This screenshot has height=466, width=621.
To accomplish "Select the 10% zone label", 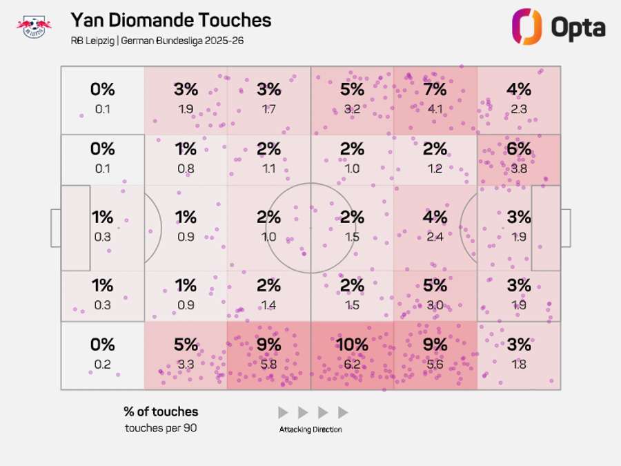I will (x=352, y=344).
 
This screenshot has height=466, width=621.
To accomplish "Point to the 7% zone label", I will (x=435, y=89).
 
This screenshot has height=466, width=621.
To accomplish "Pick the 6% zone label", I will (x=518, y=148).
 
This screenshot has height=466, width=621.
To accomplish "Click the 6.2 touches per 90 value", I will (x=352, y=365).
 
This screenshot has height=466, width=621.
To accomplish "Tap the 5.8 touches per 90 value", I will (x=269, y=365).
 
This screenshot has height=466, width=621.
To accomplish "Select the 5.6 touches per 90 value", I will (x=435, y=365).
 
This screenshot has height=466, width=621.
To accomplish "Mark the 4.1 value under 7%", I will (x=435, y=108).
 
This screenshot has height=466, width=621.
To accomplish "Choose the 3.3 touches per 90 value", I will (x=186, y=365).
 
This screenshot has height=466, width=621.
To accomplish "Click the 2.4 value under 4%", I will (x=435, y=237).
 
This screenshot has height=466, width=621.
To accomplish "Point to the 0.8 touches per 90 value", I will (x=186, y=168).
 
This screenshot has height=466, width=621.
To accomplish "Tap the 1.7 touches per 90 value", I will (x=269, y=108).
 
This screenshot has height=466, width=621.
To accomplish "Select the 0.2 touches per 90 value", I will (x=102, y=365).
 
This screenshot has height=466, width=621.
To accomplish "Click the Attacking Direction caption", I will (x=310, y=429).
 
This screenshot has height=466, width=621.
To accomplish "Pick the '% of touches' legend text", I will (x=161, y=411).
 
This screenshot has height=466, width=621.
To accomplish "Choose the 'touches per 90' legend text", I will (x=161, y=427).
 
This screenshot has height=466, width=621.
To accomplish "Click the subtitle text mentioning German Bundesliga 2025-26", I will (x=157, y=41).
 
